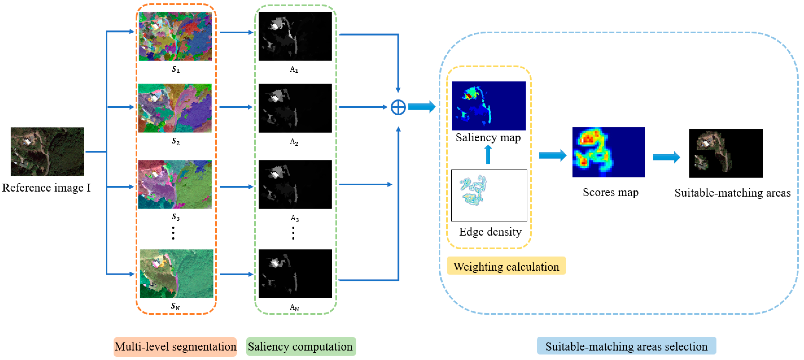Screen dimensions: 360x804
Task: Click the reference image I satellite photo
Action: pos(47,151)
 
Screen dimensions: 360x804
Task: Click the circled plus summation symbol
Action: pos(398,107)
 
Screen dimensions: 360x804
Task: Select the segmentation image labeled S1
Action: pos(175,36)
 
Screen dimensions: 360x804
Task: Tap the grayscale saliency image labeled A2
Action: pos(295,108)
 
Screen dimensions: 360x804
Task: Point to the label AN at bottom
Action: pos(294,307)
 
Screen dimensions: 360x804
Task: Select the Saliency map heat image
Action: pos(489,106)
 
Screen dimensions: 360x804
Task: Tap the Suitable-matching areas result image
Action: pos(726,153)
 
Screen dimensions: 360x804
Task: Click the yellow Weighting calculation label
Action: pos(506,266)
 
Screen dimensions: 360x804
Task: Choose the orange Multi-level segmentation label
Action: pos(175,347)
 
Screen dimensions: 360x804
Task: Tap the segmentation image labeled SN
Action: pos(176,274)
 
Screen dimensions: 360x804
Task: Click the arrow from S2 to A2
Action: pos(236,107)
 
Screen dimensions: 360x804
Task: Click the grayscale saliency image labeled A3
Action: pos(295,184)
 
